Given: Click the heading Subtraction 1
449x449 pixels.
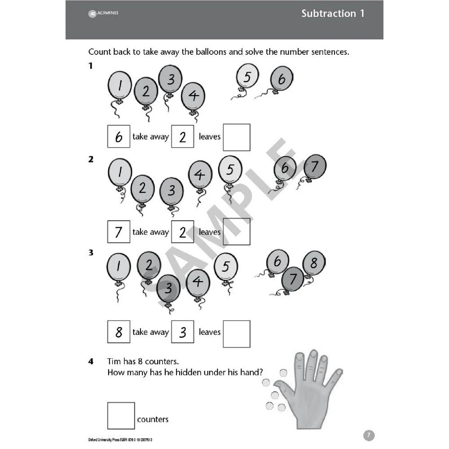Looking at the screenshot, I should [x=333, y=13].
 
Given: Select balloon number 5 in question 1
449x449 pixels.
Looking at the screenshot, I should [x=247, y=77].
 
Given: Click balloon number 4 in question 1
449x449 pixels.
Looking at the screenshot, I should [x=193, y=96].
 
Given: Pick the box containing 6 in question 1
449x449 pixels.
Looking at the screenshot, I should [x=119, y=137].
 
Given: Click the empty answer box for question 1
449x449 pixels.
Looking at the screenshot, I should [x=236, y=137].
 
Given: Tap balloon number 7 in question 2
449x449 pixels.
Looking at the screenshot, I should [x=315, y=167].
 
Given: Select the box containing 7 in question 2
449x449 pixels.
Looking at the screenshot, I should [x=119, y=232].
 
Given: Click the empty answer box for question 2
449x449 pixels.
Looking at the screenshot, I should [x=236, y=232].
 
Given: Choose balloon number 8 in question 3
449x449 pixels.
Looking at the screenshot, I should [x=314, y=263].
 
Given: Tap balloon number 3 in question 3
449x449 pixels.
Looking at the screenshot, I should [x=168, y=288].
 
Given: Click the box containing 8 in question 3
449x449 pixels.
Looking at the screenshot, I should [x=119, y=332].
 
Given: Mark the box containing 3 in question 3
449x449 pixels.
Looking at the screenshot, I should [x=182, y=332].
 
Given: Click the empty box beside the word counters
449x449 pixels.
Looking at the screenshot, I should [x=121, y=415].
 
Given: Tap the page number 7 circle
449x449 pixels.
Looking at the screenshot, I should [x=368, y=435].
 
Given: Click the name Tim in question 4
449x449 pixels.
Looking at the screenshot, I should [x=114, y=361].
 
